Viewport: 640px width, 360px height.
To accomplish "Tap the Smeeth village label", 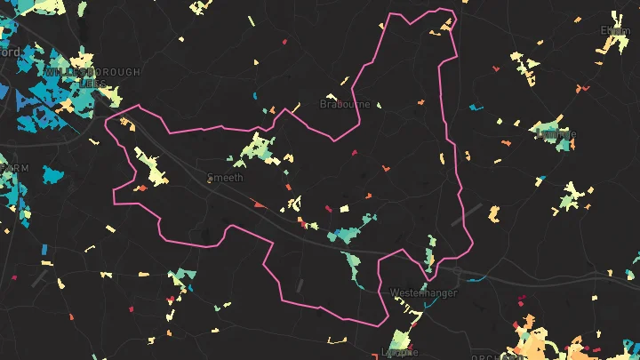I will (x=225, y=178).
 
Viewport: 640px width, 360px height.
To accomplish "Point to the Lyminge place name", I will (x=557, y=134).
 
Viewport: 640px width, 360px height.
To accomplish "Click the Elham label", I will (x=614, y=30).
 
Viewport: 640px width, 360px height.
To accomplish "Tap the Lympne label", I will (x=398, y=351).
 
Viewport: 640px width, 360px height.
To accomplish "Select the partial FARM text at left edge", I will (x=15, y=167).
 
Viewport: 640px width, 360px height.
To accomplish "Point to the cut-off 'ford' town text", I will (x=9, y=52).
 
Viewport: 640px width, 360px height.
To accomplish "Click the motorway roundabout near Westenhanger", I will (x=454, y=269).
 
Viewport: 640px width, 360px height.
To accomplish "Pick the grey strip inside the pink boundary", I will (x=299, y=285).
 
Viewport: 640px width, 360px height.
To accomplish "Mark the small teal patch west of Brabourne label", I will (x=255, y=96).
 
